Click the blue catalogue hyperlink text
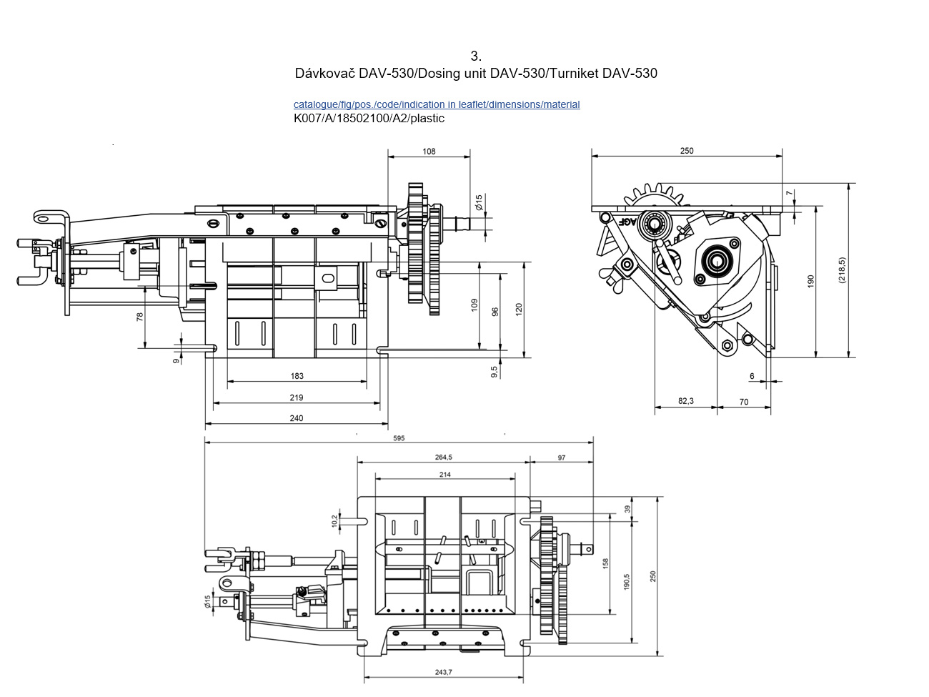click(x=436, y=104)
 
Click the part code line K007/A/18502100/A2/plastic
click(x=369, y=119)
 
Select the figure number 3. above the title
click(x=476, y=56)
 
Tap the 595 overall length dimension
click(x=399, y=438)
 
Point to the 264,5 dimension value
click(x=443, y=458)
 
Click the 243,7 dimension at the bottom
click(x=443, y=672)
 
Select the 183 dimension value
click(x=297, y=376)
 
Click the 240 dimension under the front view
click(x=297, y=418)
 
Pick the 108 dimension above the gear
click(x=429, y=152)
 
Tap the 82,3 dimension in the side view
click(x=685, y=401)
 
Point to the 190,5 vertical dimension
click(x=627, y=580)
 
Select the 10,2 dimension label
click(x=334, y=521)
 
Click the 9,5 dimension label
click(x=494, y=372)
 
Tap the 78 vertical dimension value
click(x=140, y=315)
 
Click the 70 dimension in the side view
click(x=744, y=402)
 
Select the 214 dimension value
click(x=444, y=475)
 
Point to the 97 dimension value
click(x=562, y=458)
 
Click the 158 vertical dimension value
click(x=605, y=563)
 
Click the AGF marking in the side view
click(x=627, y=221)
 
